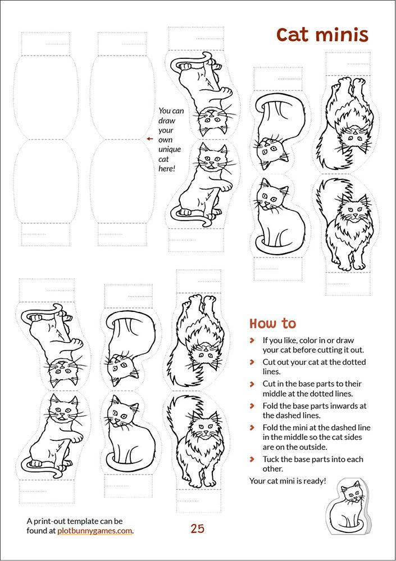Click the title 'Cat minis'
322,35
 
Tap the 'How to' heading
273,324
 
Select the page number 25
198,528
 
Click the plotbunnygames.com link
94,531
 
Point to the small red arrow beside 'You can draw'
150,139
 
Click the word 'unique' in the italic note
170,149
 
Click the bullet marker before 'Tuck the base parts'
252,459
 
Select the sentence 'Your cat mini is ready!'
288,481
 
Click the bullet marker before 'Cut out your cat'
252,362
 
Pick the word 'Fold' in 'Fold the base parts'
270,406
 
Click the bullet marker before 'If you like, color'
252,341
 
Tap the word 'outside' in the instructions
315,447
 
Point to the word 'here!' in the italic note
167,168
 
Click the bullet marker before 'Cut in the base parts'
252,384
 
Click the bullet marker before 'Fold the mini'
252,427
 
